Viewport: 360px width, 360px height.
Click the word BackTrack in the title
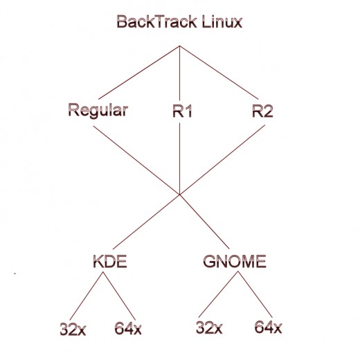(157, 21)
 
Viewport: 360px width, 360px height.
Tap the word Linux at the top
(222, 21)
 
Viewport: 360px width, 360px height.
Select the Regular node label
(98, 111)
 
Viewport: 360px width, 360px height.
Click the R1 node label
(182, 111)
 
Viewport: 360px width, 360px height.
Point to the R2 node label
(262, 111)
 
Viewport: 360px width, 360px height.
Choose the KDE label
(110, 261)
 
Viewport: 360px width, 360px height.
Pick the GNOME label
(235, 261)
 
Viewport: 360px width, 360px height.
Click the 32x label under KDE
(73, 329)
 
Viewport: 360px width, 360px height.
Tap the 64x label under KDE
(128, 328)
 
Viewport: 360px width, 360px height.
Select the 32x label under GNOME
(209, 327)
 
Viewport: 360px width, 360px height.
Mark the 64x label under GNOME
(268, 327)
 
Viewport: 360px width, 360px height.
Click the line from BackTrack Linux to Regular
(139, 73)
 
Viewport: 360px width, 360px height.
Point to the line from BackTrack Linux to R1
(179, 73)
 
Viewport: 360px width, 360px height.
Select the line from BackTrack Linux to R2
(219, 73)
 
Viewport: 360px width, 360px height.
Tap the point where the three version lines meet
(179, 195)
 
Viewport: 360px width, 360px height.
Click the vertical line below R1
(179, 159)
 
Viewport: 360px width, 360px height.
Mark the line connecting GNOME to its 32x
(218, 294)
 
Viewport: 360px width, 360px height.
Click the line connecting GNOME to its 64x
(255, 294)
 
